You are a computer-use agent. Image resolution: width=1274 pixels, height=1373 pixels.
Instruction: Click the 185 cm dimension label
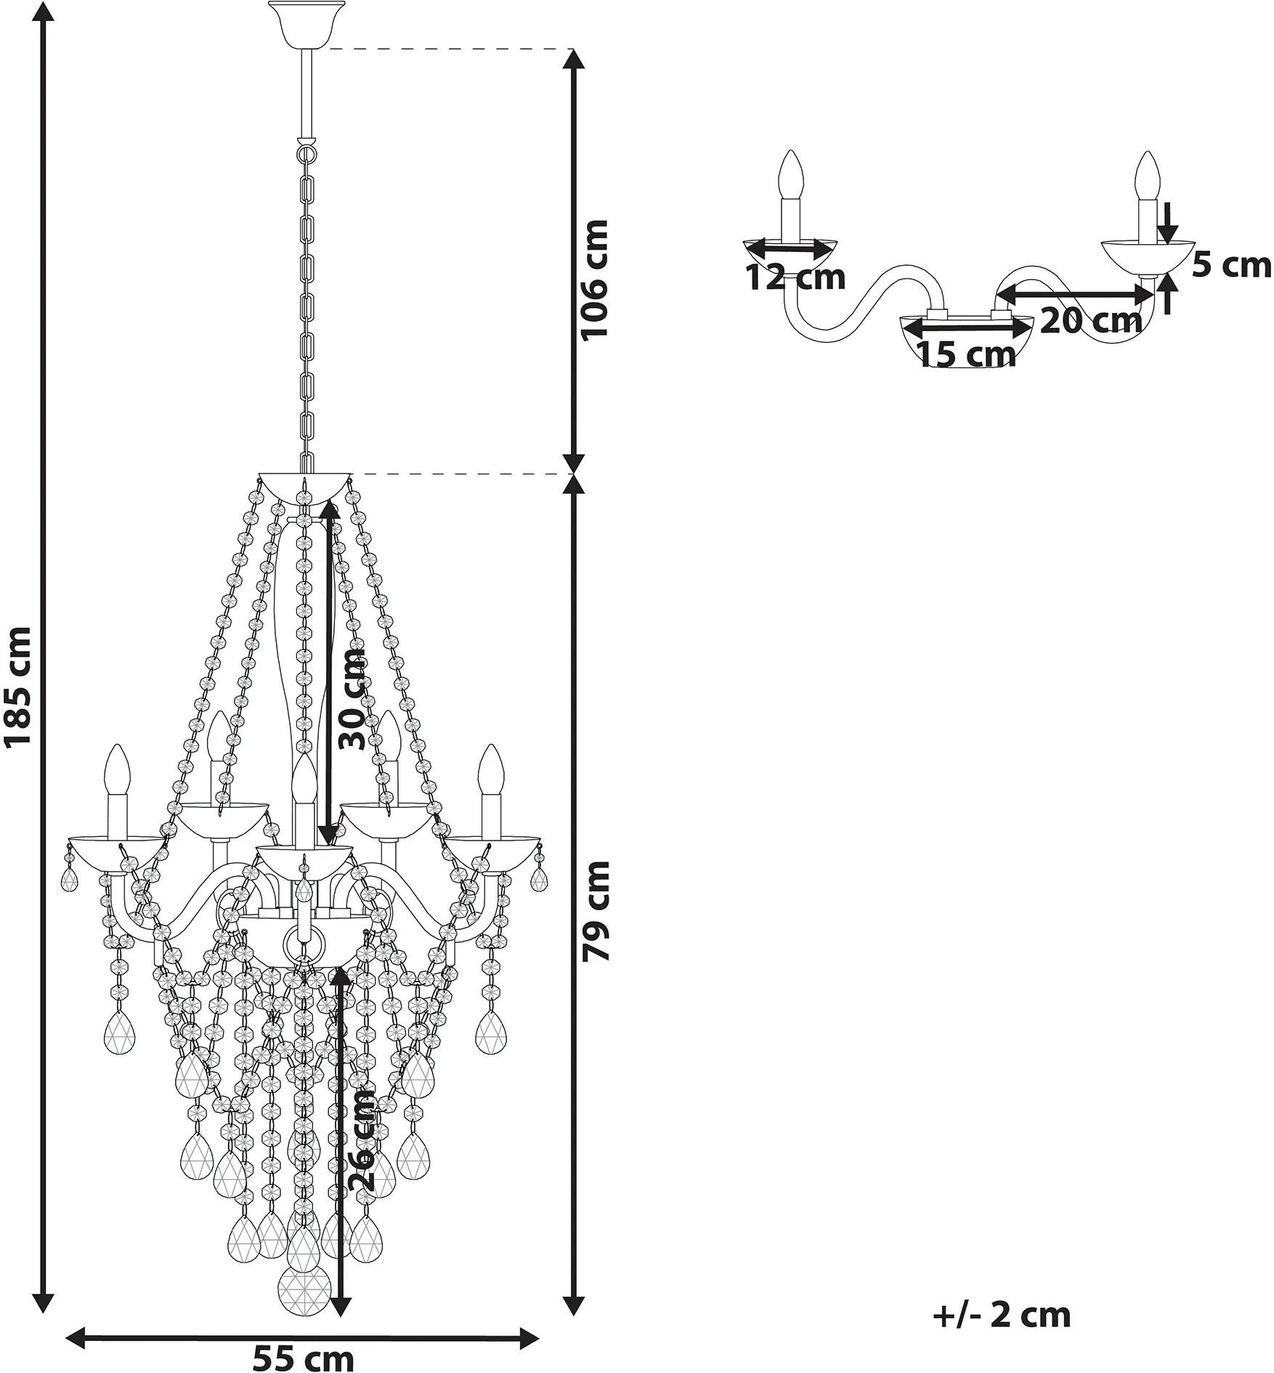click(x=17, y=686)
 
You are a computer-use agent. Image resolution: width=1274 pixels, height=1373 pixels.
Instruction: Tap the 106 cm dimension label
click(x=594, y=279)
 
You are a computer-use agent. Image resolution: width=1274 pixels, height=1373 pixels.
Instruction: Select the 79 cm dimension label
click(x=596, y=911)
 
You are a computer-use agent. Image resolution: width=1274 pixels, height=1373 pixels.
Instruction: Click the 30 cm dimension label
click(x=354, y=700)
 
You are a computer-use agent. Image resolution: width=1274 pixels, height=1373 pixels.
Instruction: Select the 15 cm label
click(x=967, y=355)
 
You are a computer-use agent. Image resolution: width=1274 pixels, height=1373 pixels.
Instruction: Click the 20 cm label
click(x=1091, y=320)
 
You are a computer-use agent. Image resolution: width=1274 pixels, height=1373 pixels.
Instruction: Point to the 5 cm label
click(x=1232, y=265)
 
